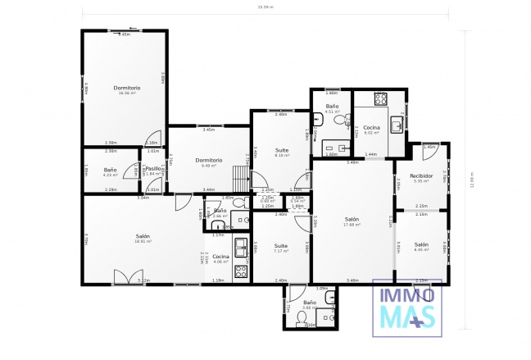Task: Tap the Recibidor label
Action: click(x=421, y=175)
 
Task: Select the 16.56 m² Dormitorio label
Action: click(x=127, y=89)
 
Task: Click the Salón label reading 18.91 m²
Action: click(x=143, y=238)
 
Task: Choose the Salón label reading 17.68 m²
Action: click(x=352, y=219)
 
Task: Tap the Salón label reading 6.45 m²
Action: click(x=421, y=244)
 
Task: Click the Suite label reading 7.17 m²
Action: click(x=281, y=246)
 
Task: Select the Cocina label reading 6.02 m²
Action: click(x=372, y=129)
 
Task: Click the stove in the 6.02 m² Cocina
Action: click(x=381, y=99)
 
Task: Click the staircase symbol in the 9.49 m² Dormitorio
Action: click(x=239, y=176)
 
